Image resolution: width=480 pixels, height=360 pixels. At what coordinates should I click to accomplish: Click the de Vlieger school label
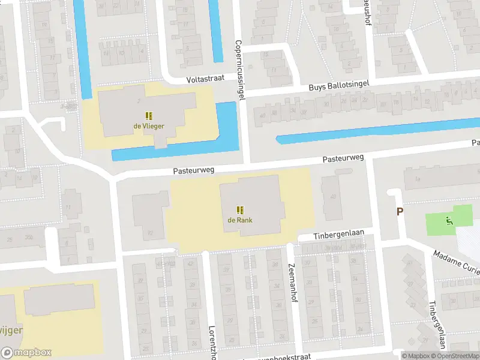149,126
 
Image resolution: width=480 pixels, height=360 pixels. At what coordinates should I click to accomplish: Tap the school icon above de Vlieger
149,116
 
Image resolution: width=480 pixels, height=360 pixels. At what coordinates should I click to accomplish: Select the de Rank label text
239,220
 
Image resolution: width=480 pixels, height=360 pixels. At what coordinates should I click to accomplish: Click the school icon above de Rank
240,209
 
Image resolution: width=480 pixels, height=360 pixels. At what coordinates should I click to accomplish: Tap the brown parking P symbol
400,211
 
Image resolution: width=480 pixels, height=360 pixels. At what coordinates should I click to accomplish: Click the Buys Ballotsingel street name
338,86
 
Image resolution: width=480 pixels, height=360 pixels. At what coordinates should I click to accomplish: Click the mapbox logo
26,353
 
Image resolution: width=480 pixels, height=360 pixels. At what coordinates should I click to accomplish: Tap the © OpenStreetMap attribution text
455,355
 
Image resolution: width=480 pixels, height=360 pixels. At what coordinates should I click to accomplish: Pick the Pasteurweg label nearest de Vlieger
193,170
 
